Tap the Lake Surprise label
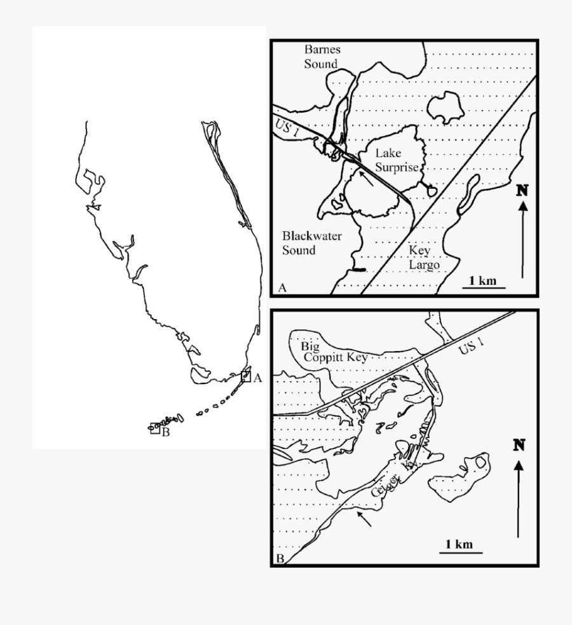pyautogui.click(x=396, y=160)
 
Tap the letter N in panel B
pyautogui.click(x=519, y=444)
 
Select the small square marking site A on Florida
pyautogui.click(x=245, y=376)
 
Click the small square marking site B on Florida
pyautogui.click(x=154, y=429)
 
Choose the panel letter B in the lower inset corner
pyautogui.click(x=280, y=560)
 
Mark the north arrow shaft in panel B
pyautogui.click(x=519, y=502)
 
